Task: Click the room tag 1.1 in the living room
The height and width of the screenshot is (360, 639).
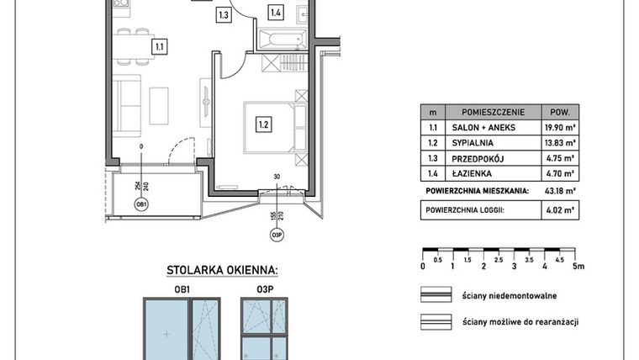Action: click(158, 48)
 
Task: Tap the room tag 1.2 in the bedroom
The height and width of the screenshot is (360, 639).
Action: click(262, 126)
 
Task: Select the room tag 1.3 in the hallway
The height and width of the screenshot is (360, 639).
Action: click(223, 14)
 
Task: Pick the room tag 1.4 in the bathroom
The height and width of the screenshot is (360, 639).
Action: click(276, 12)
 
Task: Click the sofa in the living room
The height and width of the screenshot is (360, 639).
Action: click(129, 100)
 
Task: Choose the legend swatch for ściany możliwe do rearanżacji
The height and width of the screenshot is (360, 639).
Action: click(437, 321)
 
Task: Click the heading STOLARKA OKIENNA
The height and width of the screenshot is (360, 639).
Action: click(216, 270)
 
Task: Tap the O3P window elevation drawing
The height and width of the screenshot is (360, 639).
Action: click(265, 329)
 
